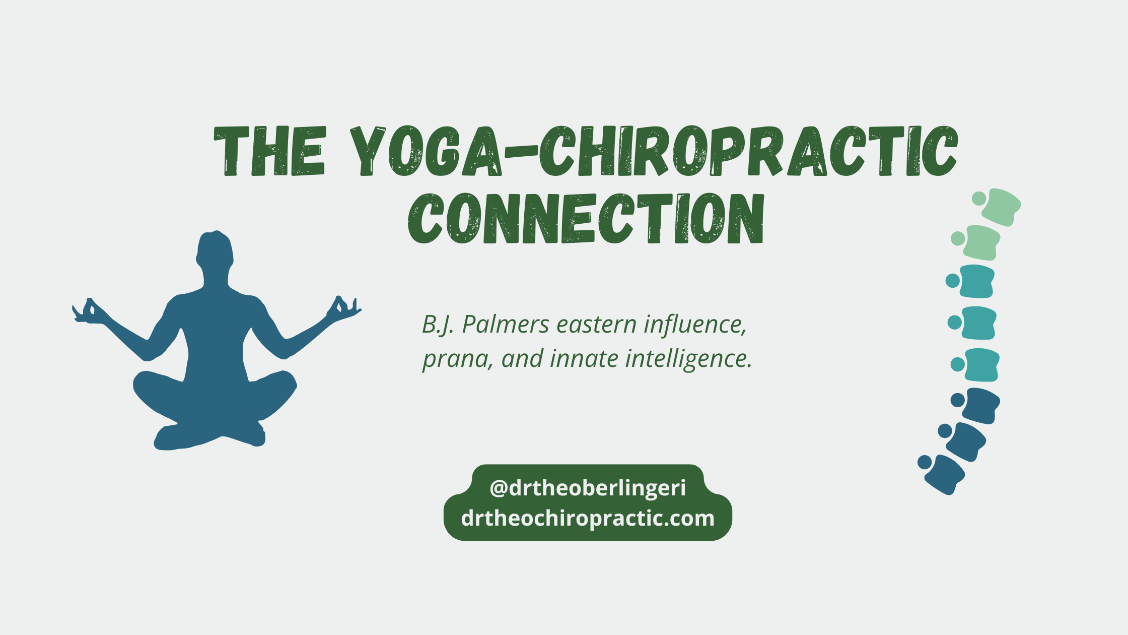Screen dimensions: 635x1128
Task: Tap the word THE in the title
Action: coord(269,151)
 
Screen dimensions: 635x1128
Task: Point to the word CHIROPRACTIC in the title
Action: coord(748,151)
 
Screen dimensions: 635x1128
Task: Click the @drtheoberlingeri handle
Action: coord(587,488)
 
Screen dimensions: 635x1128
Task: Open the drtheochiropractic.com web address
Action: coord(587,518)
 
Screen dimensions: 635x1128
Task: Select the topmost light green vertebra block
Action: coord(1001,207)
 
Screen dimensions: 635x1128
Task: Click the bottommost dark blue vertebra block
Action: coord(945,475)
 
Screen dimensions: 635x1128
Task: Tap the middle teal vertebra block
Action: coord(978,323)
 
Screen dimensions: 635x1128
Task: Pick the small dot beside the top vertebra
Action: coord(979,199)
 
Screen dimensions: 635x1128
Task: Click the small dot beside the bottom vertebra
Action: coord(925,462)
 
